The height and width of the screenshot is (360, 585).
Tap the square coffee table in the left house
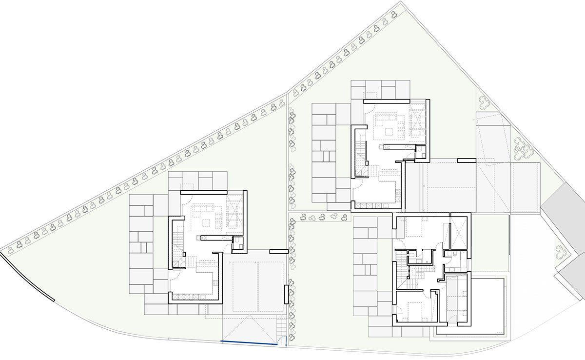click(206, 223)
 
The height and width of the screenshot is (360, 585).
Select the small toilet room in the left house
click(238, 243)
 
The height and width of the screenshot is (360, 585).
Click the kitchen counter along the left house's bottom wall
click(193, 296)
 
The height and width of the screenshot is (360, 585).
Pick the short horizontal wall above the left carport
click(280, 251)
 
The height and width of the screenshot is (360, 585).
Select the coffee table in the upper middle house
click(388, 130)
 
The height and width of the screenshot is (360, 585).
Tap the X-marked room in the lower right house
click(459, 232)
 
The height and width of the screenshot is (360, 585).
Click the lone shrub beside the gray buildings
click(560, 252)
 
